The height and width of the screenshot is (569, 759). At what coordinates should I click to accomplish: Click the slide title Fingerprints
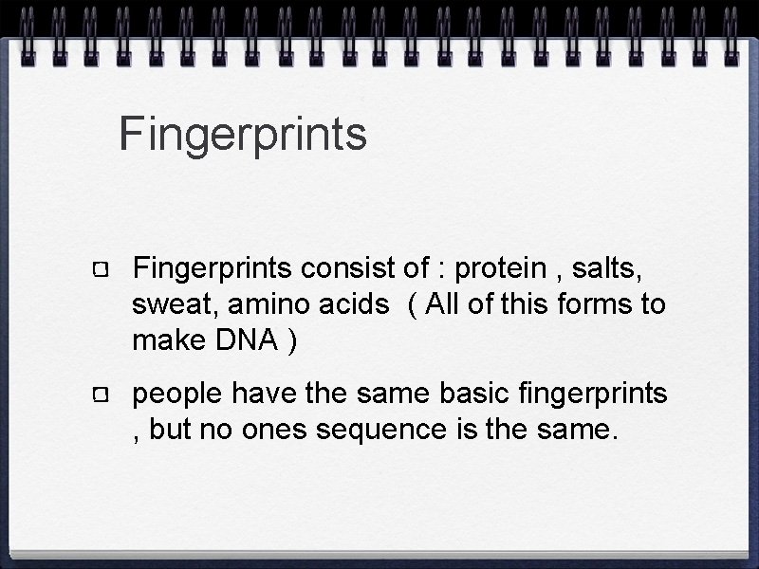coord(243,135)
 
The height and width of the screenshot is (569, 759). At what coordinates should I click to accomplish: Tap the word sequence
coord(379,431)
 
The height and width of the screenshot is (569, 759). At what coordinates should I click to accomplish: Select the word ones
coord(287,431)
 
